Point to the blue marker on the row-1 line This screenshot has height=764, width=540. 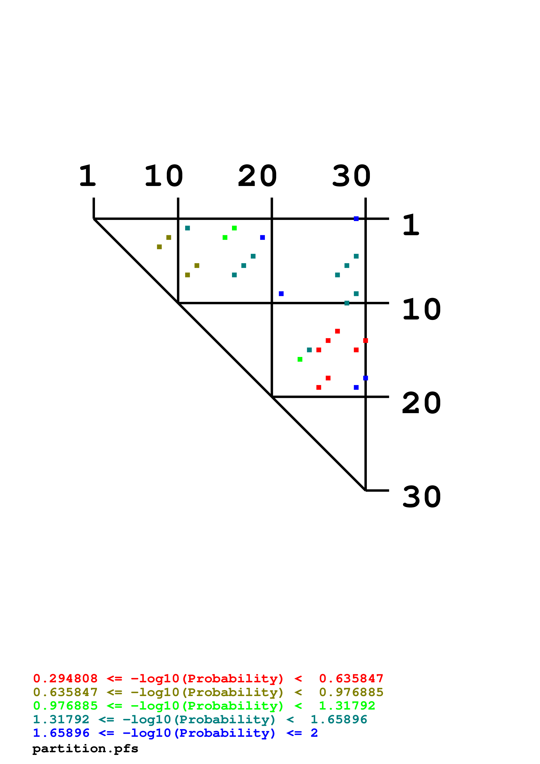[x=356, y=219]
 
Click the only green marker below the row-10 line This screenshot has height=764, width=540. [x=300, y=359]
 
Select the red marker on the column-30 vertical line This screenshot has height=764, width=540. [x=365, y=340]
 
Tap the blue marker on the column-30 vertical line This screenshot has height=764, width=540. [x=365, y=378]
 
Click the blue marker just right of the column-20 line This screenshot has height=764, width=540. [x=281, y=294]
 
